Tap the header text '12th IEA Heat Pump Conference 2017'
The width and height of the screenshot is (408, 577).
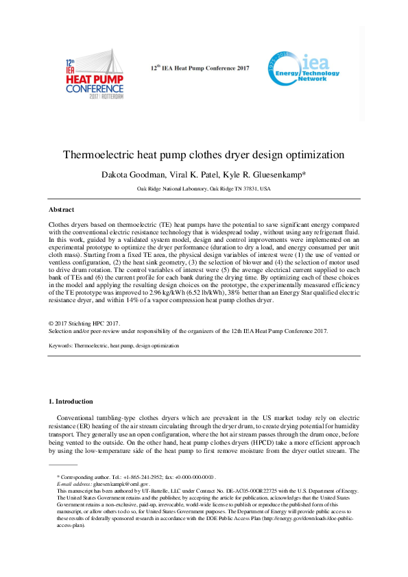(200, 69)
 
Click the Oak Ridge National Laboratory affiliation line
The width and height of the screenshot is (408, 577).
(204, 188)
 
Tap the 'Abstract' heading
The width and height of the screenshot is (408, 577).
(61, 209)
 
